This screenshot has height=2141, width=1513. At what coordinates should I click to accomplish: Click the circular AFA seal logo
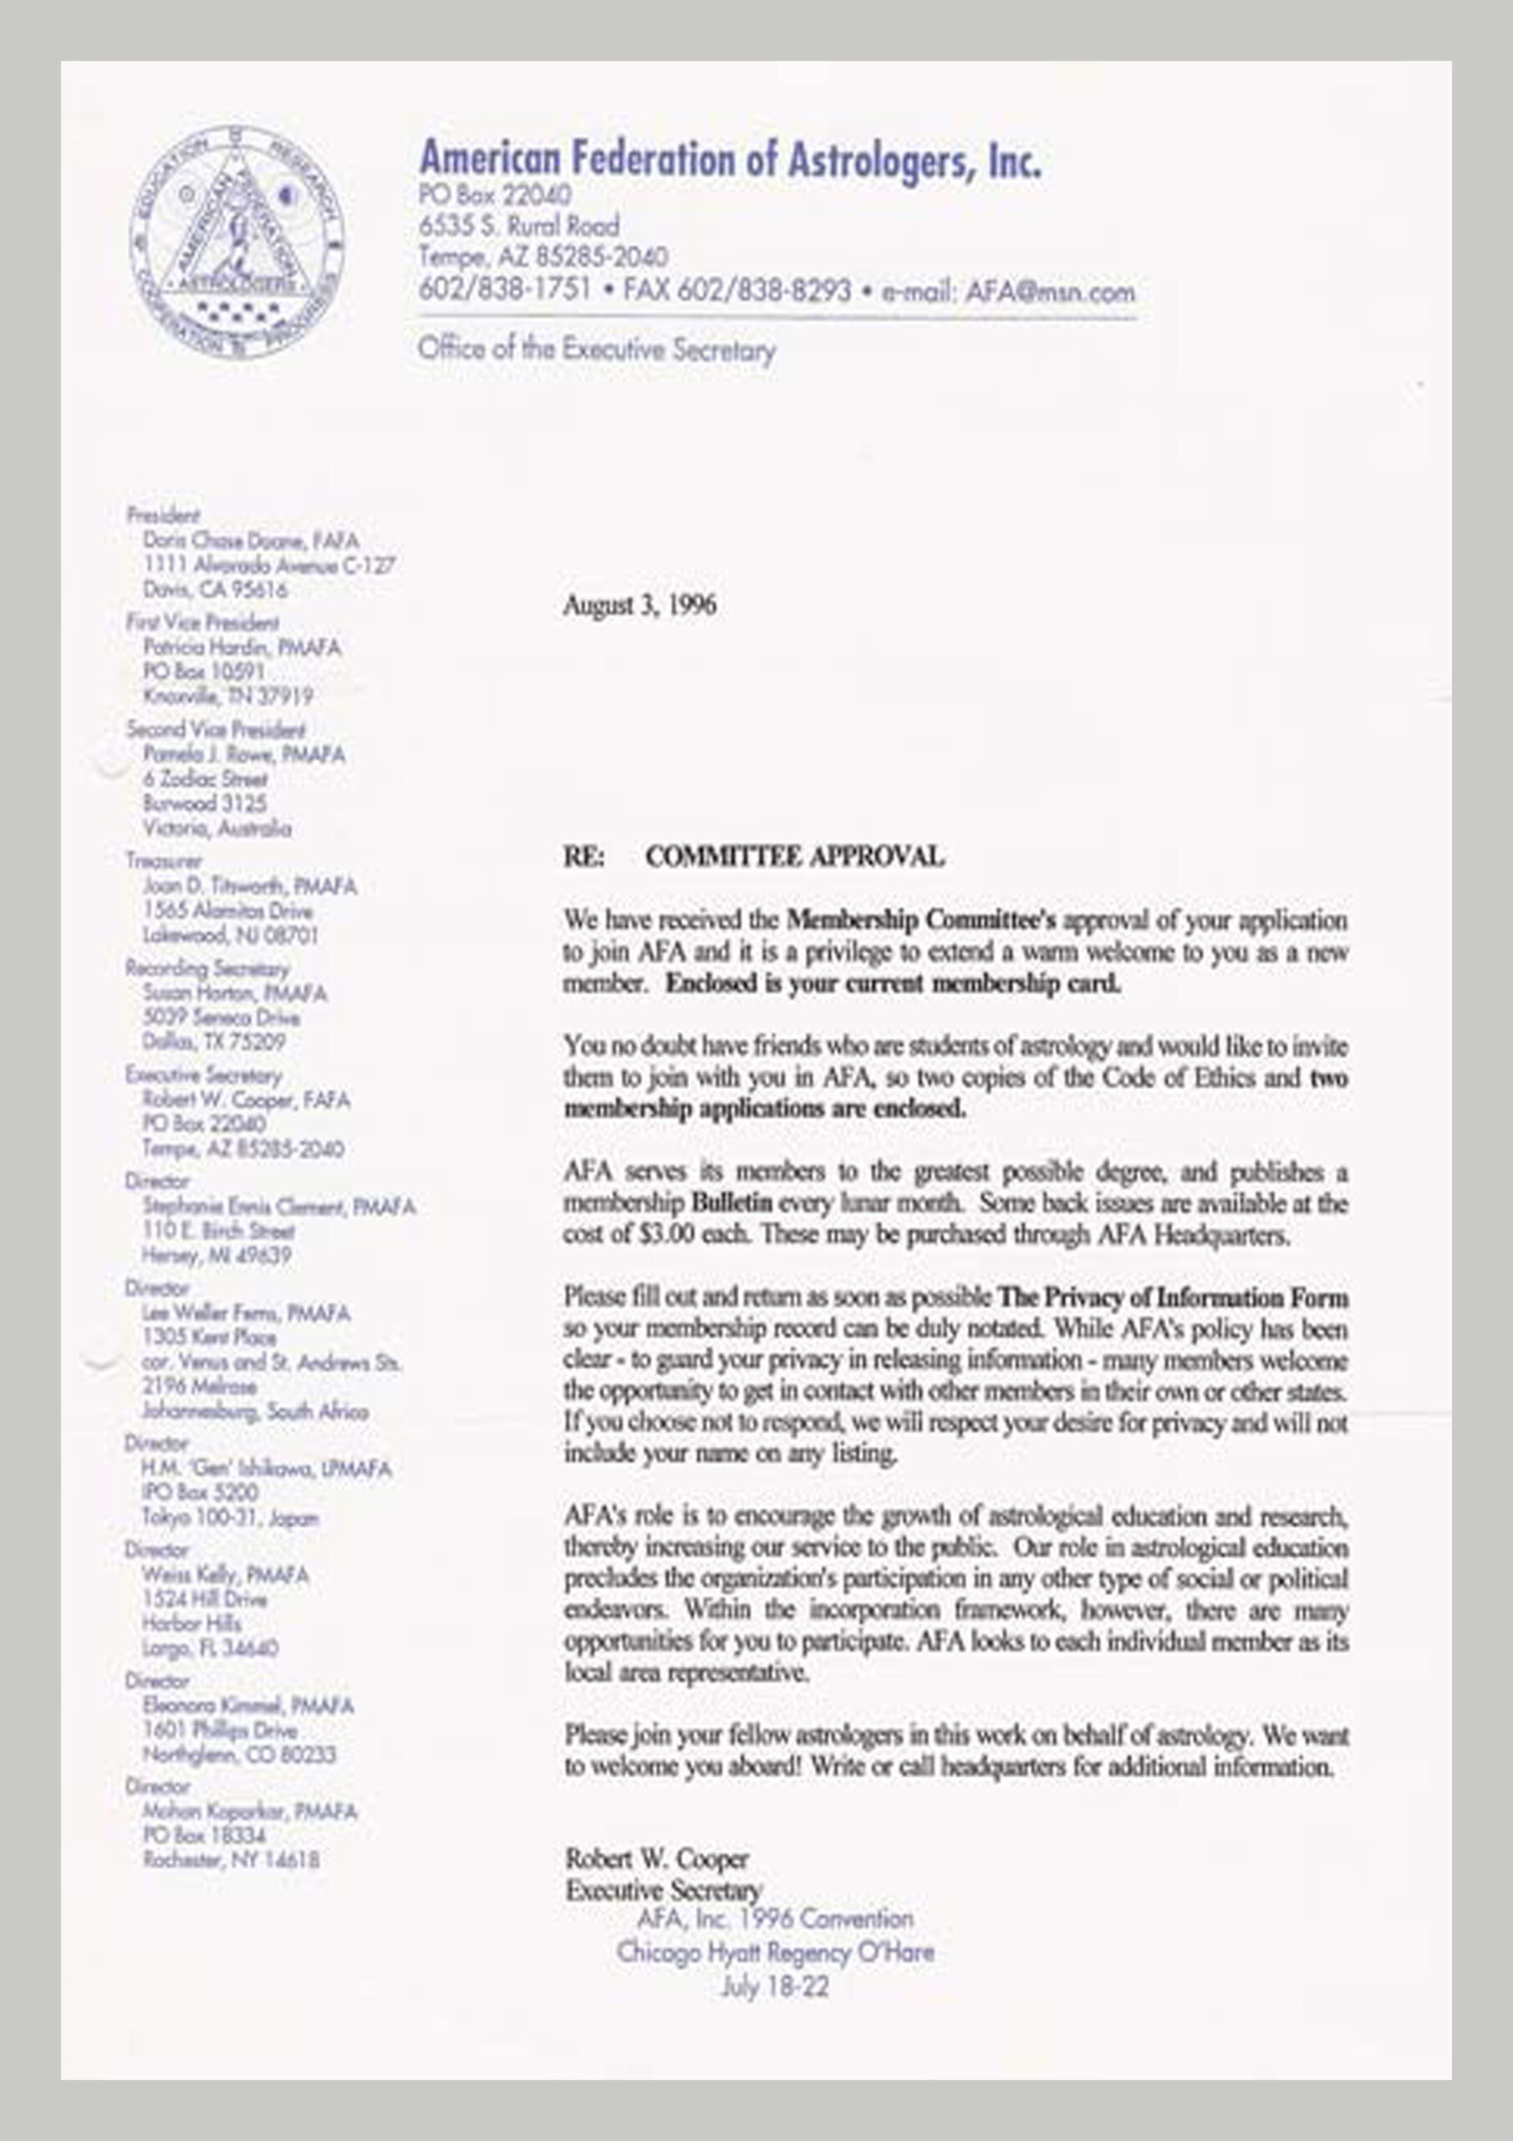(237, 243)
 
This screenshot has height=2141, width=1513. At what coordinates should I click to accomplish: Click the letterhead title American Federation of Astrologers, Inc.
(730, 160)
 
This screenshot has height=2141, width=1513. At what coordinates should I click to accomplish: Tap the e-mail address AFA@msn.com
(1051, 292)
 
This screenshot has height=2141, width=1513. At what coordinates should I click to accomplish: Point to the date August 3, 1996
(639, 606)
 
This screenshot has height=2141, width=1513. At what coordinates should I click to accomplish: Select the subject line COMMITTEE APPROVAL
(794, 856)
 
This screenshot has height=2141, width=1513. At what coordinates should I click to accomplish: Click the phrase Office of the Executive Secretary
(597, 350)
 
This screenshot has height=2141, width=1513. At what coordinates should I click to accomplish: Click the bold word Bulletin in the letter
(733, 1203)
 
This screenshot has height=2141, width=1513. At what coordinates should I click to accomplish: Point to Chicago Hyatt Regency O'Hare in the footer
(775, 1952)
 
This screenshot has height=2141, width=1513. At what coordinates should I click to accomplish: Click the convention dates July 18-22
(775, 1986)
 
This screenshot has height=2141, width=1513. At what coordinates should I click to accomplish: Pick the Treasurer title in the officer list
(164, 861)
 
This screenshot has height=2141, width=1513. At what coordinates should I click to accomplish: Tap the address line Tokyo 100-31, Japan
(229, 1517)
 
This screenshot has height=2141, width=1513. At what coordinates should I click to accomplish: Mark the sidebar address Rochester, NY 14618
(232, 1859)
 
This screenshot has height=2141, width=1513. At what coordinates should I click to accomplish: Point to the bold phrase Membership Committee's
(921, 920)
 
